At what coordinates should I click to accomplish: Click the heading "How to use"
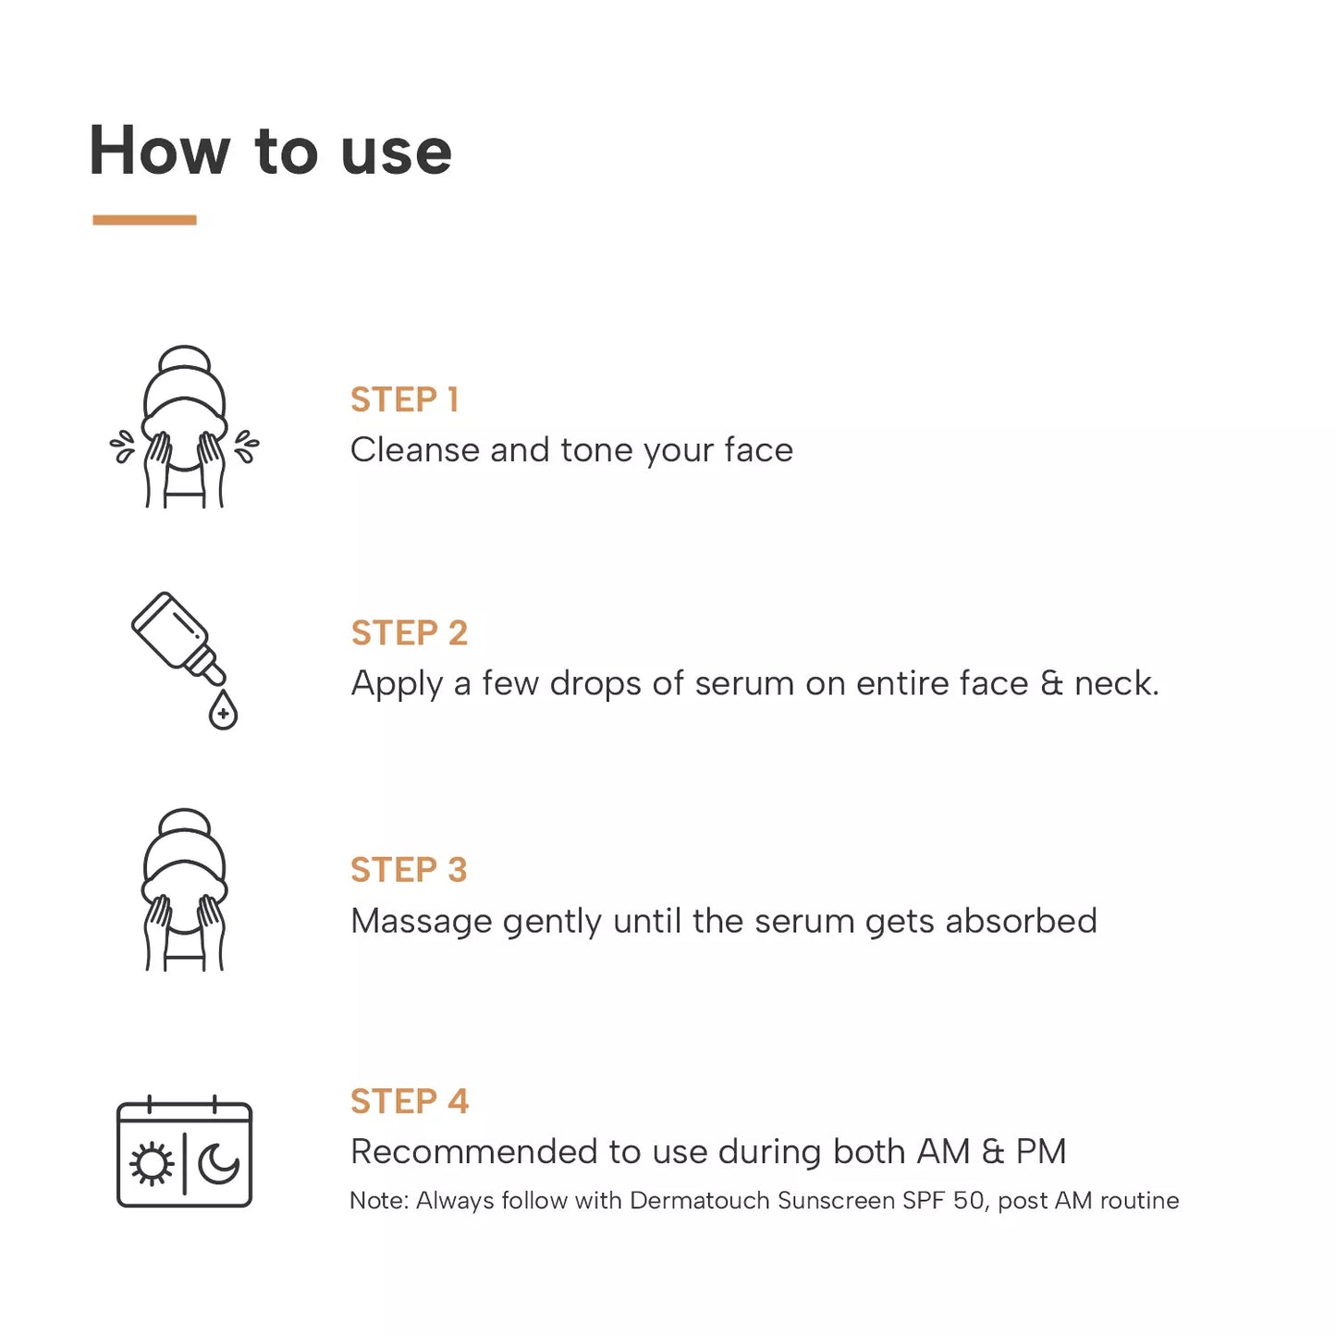click(x=270, y=151)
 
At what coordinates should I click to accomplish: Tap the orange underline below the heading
click(x=144, y=220)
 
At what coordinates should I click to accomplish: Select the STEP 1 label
click(x=404, y=399)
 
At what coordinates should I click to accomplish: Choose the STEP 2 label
click(x=409, y=633)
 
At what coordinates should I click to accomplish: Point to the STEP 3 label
click(x=409, y=870)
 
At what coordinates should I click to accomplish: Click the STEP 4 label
click(x=409, y=1101)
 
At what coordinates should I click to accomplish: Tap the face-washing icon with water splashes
click(x=184, y=428)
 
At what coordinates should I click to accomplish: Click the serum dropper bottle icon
click(x=178, y=638)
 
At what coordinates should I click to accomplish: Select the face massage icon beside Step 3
click(x=184, y=890)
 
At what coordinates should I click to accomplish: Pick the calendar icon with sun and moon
click(x=184, y=1153)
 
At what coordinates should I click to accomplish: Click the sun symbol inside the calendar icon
click(x=152, y=1164)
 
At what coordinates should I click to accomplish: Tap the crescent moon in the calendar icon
click(x=219, y=1164)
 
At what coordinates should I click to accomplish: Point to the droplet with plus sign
click(x=223, y=712)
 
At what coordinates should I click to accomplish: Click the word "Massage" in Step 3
click(x=421, y=922)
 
